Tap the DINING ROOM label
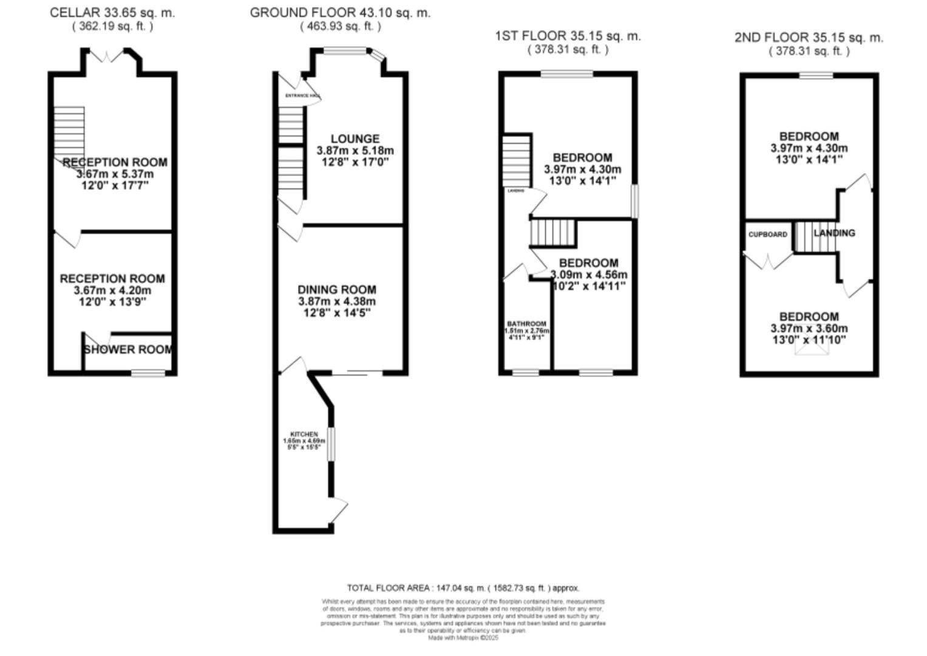337,290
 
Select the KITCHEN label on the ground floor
304,434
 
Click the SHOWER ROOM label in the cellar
128,350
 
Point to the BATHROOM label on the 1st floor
526,324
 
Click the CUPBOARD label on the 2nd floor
768,234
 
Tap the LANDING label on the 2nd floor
834,233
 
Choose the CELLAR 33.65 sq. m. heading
112,13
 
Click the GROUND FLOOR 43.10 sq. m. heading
340,13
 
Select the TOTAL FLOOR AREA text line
463,588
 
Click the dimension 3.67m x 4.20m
112,290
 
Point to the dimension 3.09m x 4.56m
589,275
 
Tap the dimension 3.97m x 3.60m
809,329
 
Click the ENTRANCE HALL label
302,96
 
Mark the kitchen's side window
331,444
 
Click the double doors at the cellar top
107,56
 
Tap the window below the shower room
149,372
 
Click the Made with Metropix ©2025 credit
463,638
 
